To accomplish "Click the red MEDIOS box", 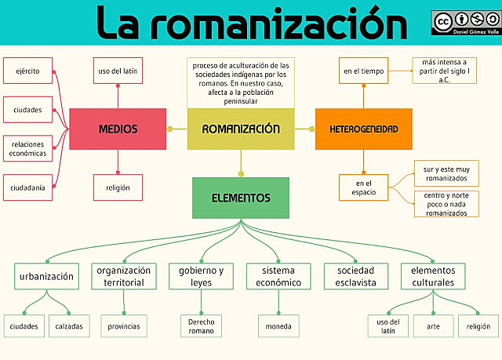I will point(118,129).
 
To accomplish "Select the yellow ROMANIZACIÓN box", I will point(241,129).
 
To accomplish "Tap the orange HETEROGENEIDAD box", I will point(363,129).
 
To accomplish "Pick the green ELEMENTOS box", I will point(241,198).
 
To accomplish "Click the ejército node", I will point(27,71).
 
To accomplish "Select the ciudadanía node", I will point(27,187).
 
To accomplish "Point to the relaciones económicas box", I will point(27,148).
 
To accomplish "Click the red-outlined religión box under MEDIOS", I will point(118,187).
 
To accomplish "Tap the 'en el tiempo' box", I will point(363,71).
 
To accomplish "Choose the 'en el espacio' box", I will point(363,187).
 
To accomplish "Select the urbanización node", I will point(47,276).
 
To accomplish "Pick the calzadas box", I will point(69,325).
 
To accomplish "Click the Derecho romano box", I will point(201,325).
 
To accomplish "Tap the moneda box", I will point(278,325).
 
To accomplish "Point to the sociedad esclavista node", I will point(356,276).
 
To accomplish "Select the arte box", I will point(433,325).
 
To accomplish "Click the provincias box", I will point(124,325).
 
